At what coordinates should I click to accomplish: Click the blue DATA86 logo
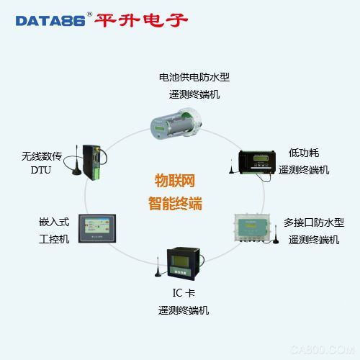(x=50, y=21)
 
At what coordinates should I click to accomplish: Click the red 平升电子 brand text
(x=141, y=20)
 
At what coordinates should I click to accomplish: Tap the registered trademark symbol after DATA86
(x=89, y=14)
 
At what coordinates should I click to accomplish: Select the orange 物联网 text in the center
(x=175, y=181)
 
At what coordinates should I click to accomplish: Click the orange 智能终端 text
(x=175, y=204)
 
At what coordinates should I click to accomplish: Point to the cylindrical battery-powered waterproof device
(x=176, y=123)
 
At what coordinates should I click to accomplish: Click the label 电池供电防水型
(x=194, y=77)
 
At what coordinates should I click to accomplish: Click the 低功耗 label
(x=304, y=153)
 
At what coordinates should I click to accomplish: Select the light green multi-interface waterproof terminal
(x=253, y=228)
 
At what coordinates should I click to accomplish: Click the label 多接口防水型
(x=314, y=222)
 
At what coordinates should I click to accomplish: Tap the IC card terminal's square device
(x=184, y=264)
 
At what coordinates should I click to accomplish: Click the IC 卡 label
(x=184, y=293)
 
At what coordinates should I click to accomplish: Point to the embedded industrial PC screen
(x=97, y=228)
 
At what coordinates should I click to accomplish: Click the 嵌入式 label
(x=54, y=222)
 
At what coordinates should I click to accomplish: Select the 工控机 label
(x=54, y=239)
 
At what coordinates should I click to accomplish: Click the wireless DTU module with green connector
(x=93, y=162)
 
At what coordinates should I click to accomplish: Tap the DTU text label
(x=41, y=170)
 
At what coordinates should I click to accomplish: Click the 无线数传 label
(x=42, y=156)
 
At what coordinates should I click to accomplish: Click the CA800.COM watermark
(x=323, y=349)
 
